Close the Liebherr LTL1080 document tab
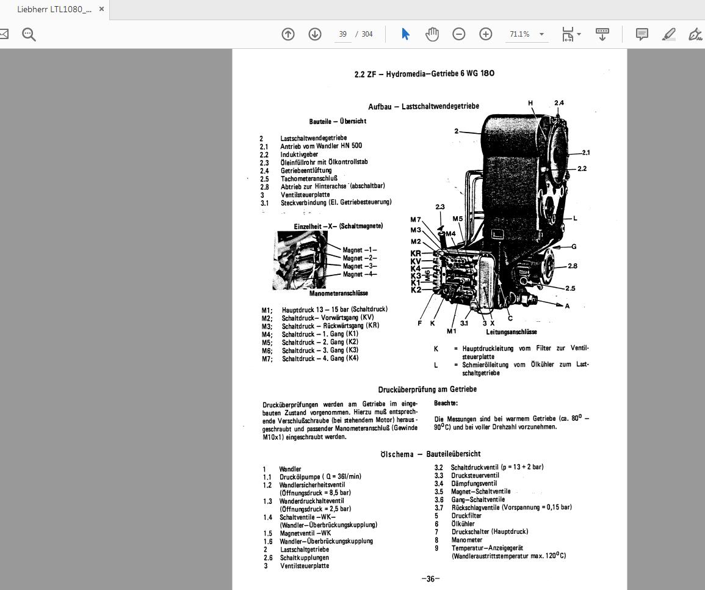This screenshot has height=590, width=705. click(101, 9)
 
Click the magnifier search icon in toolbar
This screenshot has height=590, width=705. click(29, 34)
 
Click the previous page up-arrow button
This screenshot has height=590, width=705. click(288, 34)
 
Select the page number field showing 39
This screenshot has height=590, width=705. click(343, 34)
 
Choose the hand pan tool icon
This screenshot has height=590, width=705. click(432, 34)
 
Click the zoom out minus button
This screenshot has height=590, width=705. click(459, 34)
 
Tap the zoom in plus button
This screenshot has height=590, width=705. click(486, 34)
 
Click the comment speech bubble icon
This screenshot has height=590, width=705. click(642, 34)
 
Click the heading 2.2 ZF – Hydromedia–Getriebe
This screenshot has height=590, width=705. click(424, 74)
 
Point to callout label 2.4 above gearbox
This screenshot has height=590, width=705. click(559, 103)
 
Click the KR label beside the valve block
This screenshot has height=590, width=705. click(416, 253)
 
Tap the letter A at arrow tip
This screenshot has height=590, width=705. click(568, 306)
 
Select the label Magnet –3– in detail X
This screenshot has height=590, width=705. click(360, 266)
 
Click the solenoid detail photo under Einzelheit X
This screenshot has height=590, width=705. click(299, 260)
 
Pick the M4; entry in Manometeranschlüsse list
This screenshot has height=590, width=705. click(267, 334)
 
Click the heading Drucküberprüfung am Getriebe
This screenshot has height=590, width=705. click(427, 389)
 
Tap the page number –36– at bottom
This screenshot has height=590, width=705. click(430, 579)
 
